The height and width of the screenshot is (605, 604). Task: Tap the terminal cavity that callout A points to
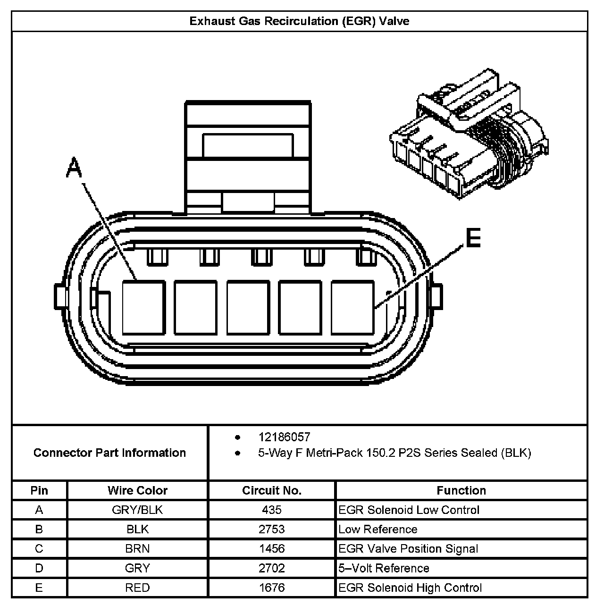pos(144,307)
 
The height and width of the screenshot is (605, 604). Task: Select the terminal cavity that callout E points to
pos(352,307)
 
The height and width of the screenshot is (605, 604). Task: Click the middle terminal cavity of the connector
pos(248,307)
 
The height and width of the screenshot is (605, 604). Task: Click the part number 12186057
pos(284,437)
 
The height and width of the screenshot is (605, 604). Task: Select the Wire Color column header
pos(137,490)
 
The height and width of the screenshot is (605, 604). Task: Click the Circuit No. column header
pos(271,490)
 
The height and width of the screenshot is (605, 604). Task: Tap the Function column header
pos(461,490)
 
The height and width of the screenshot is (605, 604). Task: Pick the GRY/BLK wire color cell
pos(137,510)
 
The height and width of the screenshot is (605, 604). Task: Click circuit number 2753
pos(271,529)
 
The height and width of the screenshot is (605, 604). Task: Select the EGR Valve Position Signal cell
pos(408,549)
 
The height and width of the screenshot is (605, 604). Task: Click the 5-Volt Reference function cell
pos(384,568)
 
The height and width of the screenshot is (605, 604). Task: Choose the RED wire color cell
pos(137,588)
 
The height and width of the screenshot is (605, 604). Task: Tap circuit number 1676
pos(271,588)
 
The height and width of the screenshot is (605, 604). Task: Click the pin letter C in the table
pos(39,549)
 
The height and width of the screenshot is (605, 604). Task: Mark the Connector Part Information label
pos(109,453)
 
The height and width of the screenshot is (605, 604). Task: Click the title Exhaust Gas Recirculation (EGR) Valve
pos(299,21)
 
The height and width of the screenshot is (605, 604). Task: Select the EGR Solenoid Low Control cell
pos(409,510)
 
